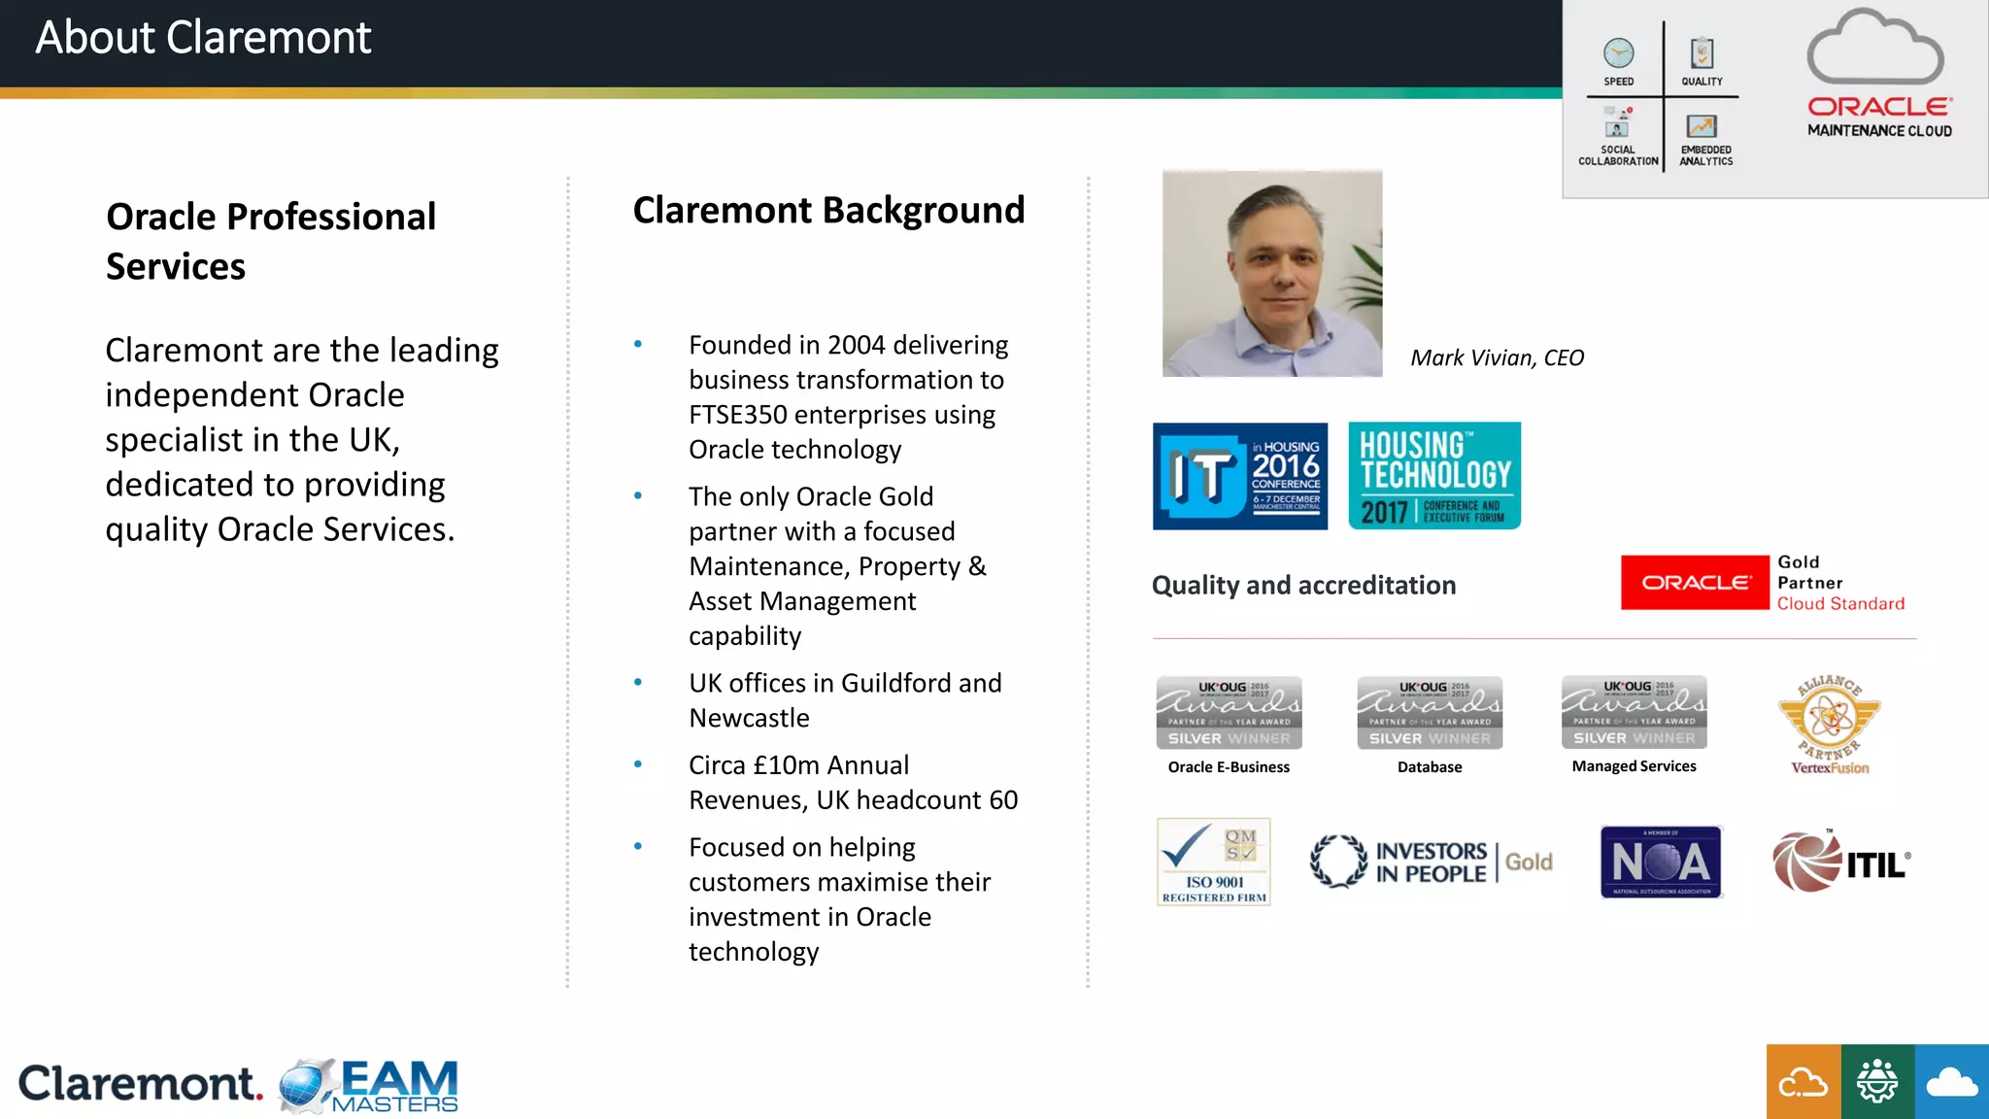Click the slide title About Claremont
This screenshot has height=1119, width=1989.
203,39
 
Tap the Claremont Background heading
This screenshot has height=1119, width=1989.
828,210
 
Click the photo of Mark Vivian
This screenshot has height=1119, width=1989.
1272,274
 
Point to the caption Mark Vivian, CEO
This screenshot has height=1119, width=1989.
1497,357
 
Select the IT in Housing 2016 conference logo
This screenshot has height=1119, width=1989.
1239,476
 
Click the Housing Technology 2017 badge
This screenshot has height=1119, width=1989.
1434,476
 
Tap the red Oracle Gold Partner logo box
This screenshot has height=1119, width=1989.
1695,583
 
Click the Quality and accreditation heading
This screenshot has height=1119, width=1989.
1303,585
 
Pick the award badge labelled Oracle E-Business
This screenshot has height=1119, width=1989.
1229,713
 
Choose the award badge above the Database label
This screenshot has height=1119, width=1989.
1430,713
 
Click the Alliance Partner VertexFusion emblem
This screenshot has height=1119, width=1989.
1830,725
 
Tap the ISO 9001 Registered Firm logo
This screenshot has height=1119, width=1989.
1214,862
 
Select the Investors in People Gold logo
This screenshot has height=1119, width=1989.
1431,862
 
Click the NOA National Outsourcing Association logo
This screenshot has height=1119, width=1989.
1661,862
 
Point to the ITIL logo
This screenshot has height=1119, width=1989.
1841,862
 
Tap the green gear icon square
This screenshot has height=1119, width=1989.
1877,1081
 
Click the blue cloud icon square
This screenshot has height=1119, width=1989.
1952,1081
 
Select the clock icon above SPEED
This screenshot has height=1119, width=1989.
1618,52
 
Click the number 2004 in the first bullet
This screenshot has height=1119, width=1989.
857,345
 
